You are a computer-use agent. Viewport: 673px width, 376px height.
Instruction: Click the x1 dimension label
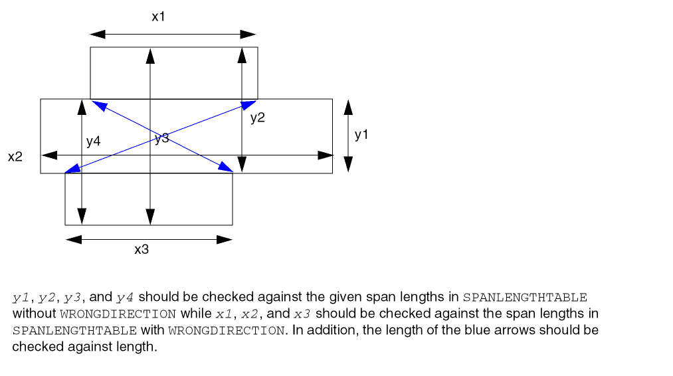157,17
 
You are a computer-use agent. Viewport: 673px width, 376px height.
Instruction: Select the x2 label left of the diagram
15,157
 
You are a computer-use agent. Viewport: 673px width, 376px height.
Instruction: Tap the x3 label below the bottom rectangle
142,250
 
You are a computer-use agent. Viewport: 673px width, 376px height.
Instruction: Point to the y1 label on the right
361,135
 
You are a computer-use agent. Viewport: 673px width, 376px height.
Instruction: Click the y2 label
258,118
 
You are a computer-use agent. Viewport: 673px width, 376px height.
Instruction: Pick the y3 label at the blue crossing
161,138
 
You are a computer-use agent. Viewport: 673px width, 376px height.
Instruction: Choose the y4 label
93,141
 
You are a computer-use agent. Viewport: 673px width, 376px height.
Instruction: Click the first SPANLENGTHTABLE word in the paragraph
525,297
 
